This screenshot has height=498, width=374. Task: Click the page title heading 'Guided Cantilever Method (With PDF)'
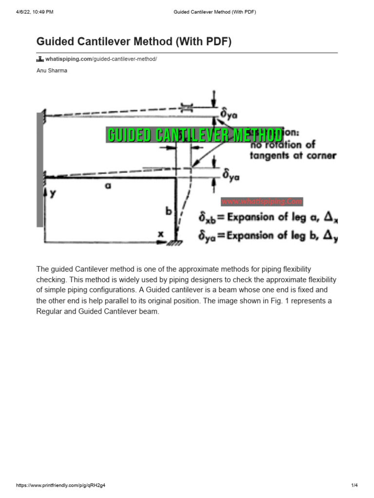[x=134, y=42]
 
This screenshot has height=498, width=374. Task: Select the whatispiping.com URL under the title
[x=101, y=59]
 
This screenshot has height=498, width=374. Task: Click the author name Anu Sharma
[x=52, y=71]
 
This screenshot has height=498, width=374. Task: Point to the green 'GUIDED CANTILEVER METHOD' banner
[x=195, y=135]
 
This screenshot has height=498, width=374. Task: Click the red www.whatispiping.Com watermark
[x=262, y=201]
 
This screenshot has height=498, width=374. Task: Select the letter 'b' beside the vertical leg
[x=168, y=211]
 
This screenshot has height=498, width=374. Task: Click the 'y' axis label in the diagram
[x=53, y=193]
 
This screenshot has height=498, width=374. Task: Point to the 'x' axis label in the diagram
[x=161, y=233]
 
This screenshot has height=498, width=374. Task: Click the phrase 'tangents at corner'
[x=293, y=156]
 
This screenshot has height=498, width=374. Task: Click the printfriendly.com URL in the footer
[x=61, y=485]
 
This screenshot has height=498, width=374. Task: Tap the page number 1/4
[x=354, y=485]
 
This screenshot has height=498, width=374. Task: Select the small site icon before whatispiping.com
[x=40, y=59]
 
